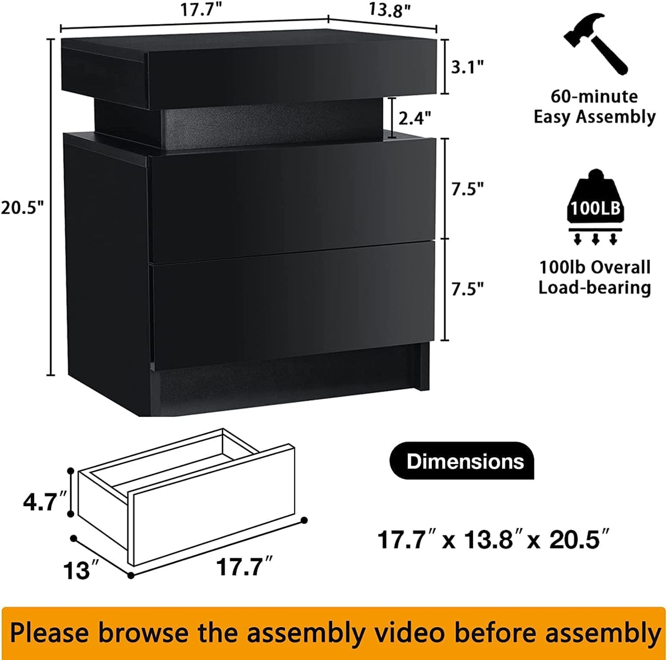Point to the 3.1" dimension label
tap(467, 67)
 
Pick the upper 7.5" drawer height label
tap(468, 188)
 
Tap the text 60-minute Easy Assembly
tap(594, 107)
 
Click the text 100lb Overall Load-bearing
tap(594, 277)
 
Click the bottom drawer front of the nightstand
tap(293, 302)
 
